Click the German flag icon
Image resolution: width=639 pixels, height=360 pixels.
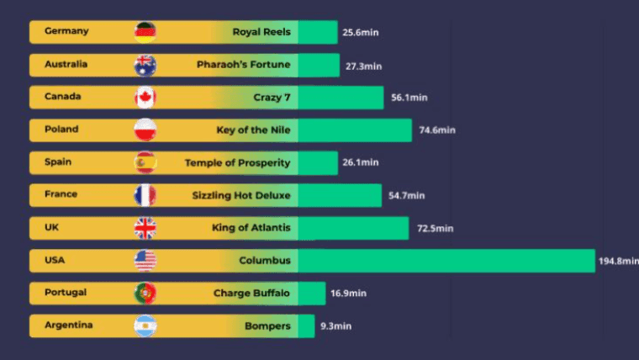pos(145,32)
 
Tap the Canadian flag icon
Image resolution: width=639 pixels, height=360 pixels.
pos(145,98)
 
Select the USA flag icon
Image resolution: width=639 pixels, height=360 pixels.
pos(145,261)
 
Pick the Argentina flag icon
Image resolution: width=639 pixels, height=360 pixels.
pos(145,326)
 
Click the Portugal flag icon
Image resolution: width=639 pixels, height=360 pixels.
pos(145,293)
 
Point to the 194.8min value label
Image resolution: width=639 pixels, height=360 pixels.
pos(617,262)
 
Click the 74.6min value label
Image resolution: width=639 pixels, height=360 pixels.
pos(436,130)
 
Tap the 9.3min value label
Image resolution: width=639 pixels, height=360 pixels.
pos(335,326)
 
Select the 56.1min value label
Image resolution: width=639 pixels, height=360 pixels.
pos(409,98)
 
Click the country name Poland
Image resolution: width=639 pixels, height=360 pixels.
pos(61,130)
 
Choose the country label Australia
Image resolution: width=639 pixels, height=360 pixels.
pos(66,64)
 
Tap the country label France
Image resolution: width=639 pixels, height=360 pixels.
pos(61,194)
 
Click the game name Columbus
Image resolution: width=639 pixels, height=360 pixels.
pos(265,261)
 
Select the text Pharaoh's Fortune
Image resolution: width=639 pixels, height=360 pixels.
pos(243,65)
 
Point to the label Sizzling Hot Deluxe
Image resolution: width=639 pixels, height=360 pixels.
pos(240,195)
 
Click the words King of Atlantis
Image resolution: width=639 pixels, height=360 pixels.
pos(251,228)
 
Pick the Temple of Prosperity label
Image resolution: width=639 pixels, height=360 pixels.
pos(237,162)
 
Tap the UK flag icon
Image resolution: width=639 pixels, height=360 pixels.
pos(145,228)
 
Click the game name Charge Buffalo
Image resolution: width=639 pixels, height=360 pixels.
pos(251,294)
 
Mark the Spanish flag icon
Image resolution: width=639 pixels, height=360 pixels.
pos(145,162)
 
